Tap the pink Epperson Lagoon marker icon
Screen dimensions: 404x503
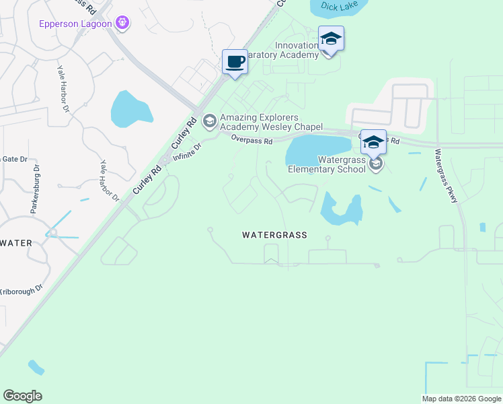point(122,24)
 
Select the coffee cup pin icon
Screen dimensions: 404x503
point(235,62)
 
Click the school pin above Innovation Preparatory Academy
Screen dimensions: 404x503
point(331,38)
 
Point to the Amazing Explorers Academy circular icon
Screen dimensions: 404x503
point(209,121)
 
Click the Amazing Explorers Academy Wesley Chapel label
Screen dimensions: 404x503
point(272,122)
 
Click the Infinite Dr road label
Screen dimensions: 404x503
point(187,153)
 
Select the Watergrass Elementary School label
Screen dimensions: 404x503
point(327,164)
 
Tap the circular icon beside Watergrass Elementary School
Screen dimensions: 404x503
point(377,164)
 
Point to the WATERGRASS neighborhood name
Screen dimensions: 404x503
point(274,235)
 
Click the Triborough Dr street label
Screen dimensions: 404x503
point(21,288)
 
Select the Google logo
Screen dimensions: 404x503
point(22,396)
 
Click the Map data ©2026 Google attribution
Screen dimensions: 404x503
point(461,399)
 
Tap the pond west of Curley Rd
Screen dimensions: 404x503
point(130,109)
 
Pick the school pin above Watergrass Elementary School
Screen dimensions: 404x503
point(374,141)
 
